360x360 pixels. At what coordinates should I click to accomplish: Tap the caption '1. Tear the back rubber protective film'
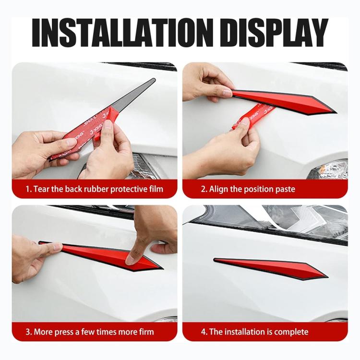pyautogui.click(x=95, y=189)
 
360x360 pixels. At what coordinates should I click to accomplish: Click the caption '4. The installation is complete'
pyautogui.click(x=254, y=332)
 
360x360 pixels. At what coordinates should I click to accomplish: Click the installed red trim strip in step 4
pyautogui.click(x=269, y=268)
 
